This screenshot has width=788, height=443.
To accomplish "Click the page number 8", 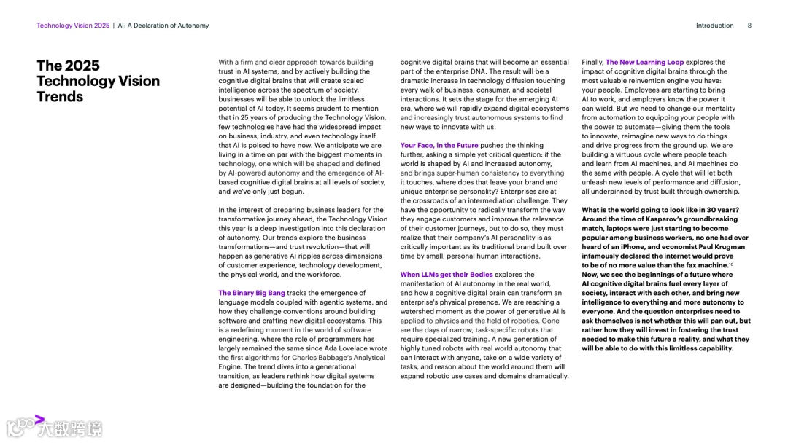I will point(749,26).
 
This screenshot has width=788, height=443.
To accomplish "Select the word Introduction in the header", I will point(714,26).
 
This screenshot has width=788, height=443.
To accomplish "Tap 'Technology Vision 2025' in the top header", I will point(73,26).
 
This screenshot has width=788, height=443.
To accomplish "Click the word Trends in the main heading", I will point(61,97).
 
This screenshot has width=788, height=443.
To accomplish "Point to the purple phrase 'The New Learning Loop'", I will point(644,63).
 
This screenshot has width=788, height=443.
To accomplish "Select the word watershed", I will point(419,311).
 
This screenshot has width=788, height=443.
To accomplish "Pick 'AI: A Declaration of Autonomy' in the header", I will point(163,26).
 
